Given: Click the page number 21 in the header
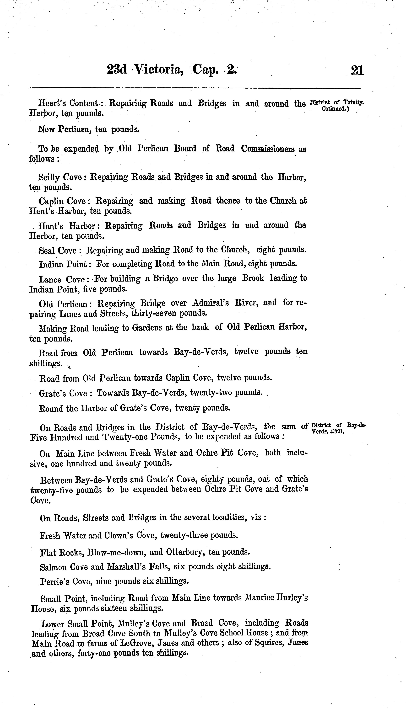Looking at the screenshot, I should pos(357,70).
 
